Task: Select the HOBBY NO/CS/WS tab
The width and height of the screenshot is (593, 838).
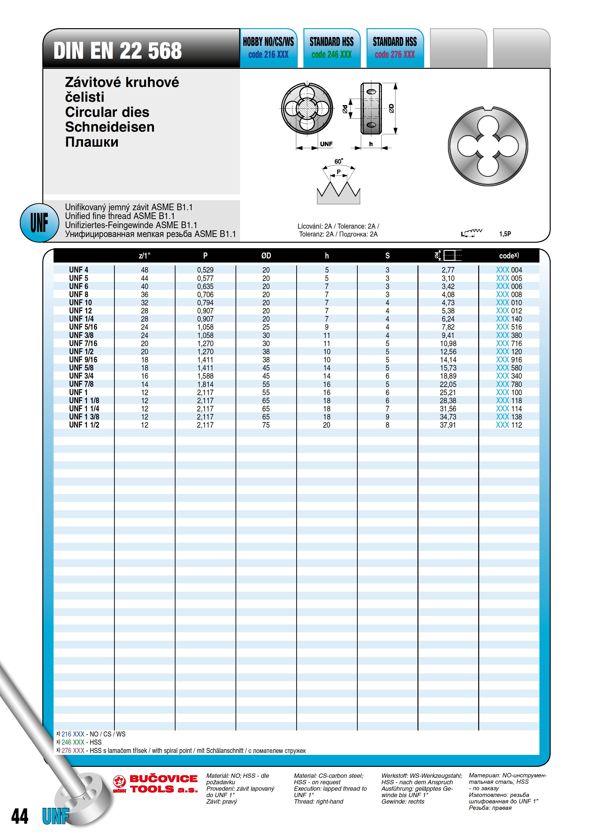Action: tap(268, 42)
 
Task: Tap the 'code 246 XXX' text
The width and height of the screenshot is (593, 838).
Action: tap(331, 55)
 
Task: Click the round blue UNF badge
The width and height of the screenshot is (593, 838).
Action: tap(39, 223)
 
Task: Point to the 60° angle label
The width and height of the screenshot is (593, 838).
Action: tap(338, 161)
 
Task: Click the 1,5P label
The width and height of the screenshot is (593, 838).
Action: tap(505, 234)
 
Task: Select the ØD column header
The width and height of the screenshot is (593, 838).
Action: tap(266, 256)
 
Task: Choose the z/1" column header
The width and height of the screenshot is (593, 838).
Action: tap(144, 256)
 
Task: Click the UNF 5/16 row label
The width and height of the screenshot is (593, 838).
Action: tap(83, 327)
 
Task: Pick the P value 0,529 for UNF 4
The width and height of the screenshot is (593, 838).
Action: tap(205, 270)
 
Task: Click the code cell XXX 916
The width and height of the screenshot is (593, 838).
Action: tap(509, 360)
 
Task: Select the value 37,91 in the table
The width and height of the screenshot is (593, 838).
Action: tap(448, 425)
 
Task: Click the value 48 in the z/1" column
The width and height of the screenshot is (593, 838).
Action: tap(145, 270)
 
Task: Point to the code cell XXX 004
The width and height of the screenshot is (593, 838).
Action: tap(509, 270)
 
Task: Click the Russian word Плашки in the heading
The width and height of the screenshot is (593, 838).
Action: tap(92, 142)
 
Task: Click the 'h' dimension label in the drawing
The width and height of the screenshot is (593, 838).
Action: tap(371, 144)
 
